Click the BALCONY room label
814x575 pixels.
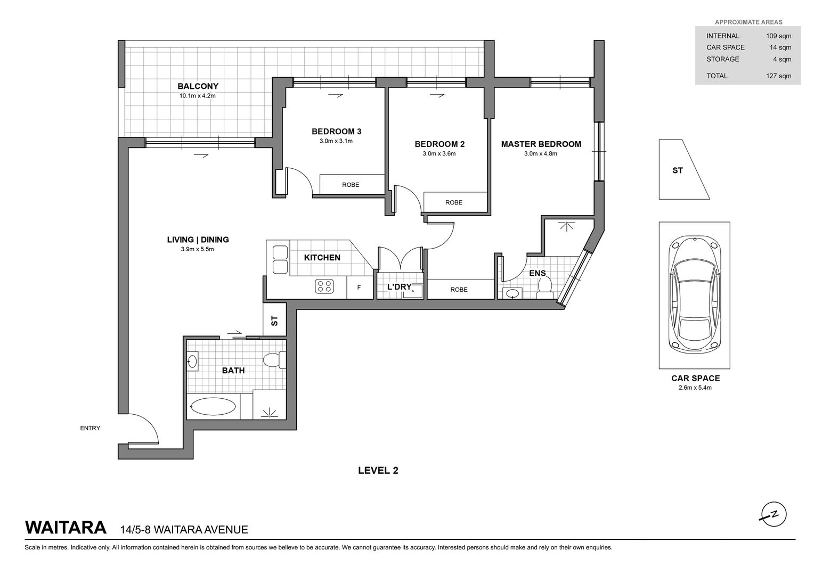click(x=198, y=86)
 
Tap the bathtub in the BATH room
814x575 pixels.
click(x=213, y=407)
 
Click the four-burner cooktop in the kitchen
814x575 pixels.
click(x=324, y=286)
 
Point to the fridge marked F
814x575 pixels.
click(x=360, y=287)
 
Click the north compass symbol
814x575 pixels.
click(x=774, y=515)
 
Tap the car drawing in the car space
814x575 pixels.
click(x=695, y=294)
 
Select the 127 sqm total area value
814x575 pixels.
click(x=778, y=76)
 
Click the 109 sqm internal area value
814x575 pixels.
click(x=778, y=36)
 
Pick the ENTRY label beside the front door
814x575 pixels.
click(x=90, y=428)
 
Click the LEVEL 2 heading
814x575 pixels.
click(x=378, y=471)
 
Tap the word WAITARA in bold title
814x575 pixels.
click(x=66, y=528)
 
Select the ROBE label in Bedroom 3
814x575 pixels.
click(x=351, y=185)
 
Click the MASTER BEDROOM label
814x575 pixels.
click(x=541, y=144)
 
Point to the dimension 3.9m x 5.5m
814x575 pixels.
click(x=197, y=249)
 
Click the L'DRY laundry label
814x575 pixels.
click(x=399, y=286)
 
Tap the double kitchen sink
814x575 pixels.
click(x=280, y=260)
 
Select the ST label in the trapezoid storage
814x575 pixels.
click(x=678, y=170)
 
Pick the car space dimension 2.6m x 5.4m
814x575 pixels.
click(x=695, y=388)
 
